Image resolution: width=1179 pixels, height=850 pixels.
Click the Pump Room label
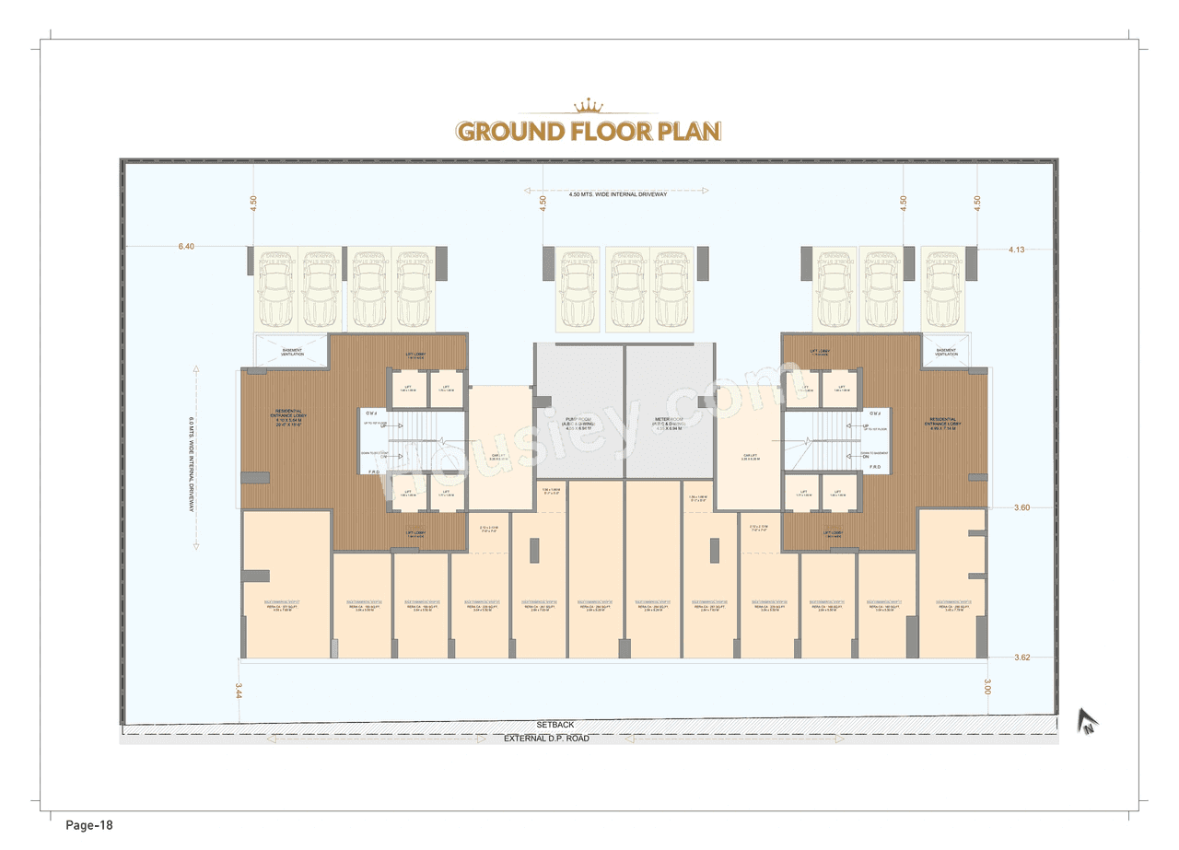coord(579,424)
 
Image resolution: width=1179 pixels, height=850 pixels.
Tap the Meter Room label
coord(669,424)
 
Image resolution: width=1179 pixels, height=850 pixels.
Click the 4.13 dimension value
coord(1017,250)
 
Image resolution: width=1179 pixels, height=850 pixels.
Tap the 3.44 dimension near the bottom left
coord(239,691)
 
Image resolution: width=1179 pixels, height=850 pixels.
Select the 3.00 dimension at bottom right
coord(987,687)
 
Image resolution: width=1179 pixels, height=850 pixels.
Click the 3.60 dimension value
coord(1021,507)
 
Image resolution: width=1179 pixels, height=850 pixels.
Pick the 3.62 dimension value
coord(1021,658)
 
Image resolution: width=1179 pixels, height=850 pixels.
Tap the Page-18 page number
coord(88,825)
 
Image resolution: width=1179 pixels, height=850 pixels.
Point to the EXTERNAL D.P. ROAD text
coord(546,739)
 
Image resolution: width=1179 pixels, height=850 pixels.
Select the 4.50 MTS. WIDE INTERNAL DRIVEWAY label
coord(617,195)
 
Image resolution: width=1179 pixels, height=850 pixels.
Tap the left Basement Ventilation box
coord(291,352)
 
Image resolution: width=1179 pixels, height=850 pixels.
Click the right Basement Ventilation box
coord(946,352)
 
